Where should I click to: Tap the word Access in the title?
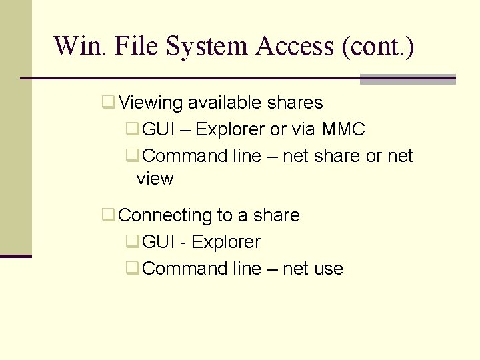pyautogui.click(x=294, y=47)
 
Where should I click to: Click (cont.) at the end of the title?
pyautogui.click(x=377, y=47)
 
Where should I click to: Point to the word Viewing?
pyautogui.click(x=150, y=103)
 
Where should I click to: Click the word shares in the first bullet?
pyautogui.click(x=295, y=103)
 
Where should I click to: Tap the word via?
pyautogui.click(x=303, y=129)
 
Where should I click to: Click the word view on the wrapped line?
pyautogui.click(x=155, y=179)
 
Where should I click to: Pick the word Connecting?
pyautogui.click(x=165, y=216)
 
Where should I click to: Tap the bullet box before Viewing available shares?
pyautogui.click(x=107, y=103)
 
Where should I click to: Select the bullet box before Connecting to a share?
pyautogui.click(x=107, y=215)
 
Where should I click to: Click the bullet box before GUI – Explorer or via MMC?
pyautogui.click(x=132, y=129)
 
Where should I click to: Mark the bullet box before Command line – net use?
pyautogui.click(x=132, y=269)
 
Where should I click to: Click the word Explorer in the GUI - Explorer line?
pyautogui.click(x=226, y=242)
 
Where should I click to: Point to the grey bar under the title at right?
pyautogui.click(x=407, y=79)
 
